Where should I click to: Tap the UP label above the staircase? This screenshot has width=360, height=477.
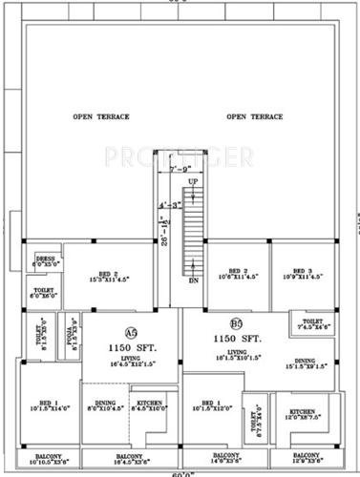pos(192,180)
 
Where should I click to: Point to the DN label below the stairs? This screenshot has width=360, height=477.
pos(193,282)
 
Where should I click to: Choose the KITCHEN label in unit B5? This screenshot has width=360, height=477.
pos(302,412)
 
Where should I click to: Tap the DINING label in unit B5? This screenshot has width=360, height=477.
pos(320,360)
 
